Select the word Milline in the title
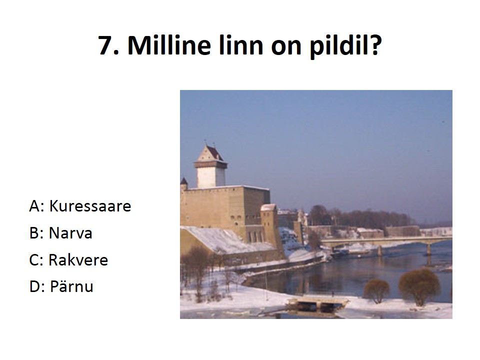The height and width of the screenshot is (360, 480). pyautogui.click(x=169, y=44)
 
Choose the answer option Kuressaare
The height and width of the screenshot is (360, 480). pyautogui.click(x=90, y=206)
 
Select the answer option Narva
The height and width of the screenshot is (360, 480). pyautogui.click(x=70, y=233)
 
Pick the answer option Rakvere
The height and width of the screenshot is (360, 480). pyautogui.click(x=78, y=260)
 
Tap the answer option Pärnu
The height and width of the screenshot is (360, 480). pyautogui.click(x=71, y=286)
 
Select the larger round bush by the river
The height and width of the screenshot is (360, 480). pyautogui.click(x=419, y=285)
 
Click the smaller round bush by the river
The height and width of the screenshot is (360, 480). pyautogui.click(x=376, y=290)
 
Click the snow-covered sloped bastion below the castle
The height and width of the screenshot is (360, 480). pyautogui.click(x=226, y=240)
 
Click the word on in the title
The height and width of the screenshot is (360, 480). pyautogui.click(x=286, y=48)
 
